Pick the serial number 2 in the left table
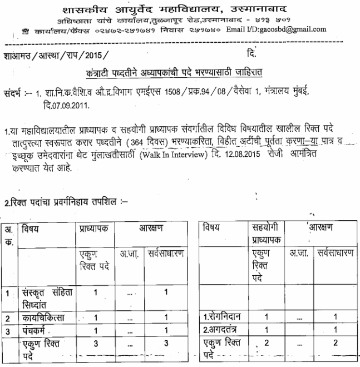7,318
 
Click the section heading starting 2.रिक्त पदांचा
65,196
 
